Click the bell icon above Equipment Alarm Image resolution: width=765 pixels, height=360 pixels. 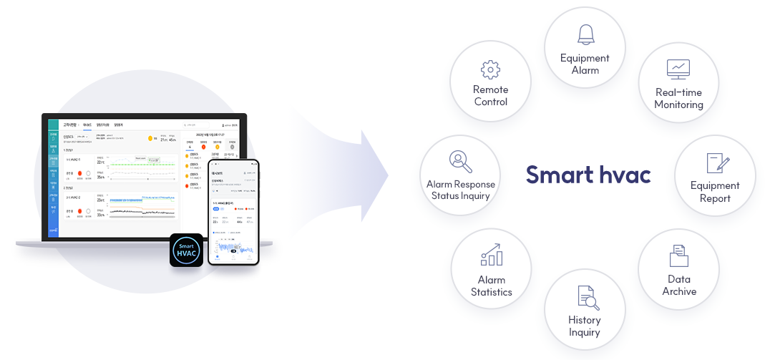click(x=585, y=34)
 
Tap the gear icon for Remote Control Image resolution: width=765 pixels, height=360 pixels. click(x=490, y=69)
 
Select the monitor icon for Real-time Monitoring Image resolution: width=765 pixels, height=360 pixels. click(x=678, y=69)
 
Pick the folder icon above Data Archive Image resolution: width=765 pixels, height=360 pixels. click(x=678, y=256)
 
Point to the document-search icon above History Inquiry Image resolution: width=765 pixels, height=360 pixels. click(x=585, y=297)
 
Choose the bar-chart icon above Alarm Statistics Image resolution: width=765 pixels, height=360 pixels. click(x=491, y=255)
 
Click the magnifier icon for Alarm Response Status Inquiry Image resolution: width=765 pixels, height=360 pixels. click(x=460, y=162)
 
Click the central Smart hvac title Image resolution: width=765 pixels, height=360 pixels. click(x=588, y=175)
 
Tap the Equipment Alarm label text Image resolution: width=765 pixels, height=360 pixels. click(x=585, y=64)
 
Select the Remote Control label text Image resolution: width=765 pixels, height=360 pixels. click(x=490, y=96)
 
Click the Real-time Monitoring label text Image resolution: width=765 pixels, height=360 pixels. click(x=678, y=99)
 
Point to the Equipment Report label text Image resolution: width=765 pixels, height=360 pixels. click(x=715, y=192)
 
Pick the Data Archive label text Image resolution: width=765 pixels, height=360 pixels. click(x=678, y=285)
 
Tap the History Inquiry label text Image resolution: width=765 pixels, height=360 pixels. click(x=585, y=326)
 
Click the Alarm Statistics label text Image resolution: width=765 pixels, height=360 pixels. click(x=491, y=286)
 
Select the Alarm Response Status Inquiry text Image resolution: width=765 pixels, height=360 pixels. click(x=460, y=190)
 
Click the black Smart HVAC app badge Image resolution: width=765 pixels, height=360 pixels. click(x=187, y=250)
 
